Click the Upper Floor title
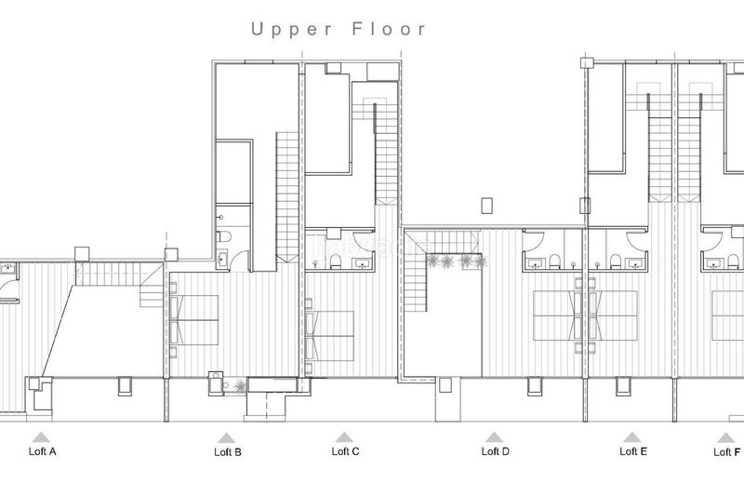[339, 30]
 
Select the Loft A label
[42, 451]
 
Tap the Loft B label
[228, 452]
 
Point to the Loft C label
[345, 451]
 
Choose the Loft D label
[496, 451]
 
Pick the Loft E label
[633, 451]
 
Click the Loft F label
[727, 452]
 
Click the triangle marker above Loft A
[41, 437]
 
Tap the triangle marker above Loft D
[494, 437]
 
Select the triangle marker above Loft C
[344, 437]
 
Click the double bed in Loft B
[194, 320]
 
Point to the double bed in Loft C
[330, 336]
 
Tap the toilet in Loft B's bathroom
[223, 235]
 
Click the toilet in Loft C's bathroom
[336, 261]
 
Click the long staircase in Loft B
[287, 196]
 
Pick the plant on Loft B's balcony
[240, 386]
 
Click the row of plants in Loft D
[457, 261]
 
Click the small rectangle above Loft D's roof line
[486, 206]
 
